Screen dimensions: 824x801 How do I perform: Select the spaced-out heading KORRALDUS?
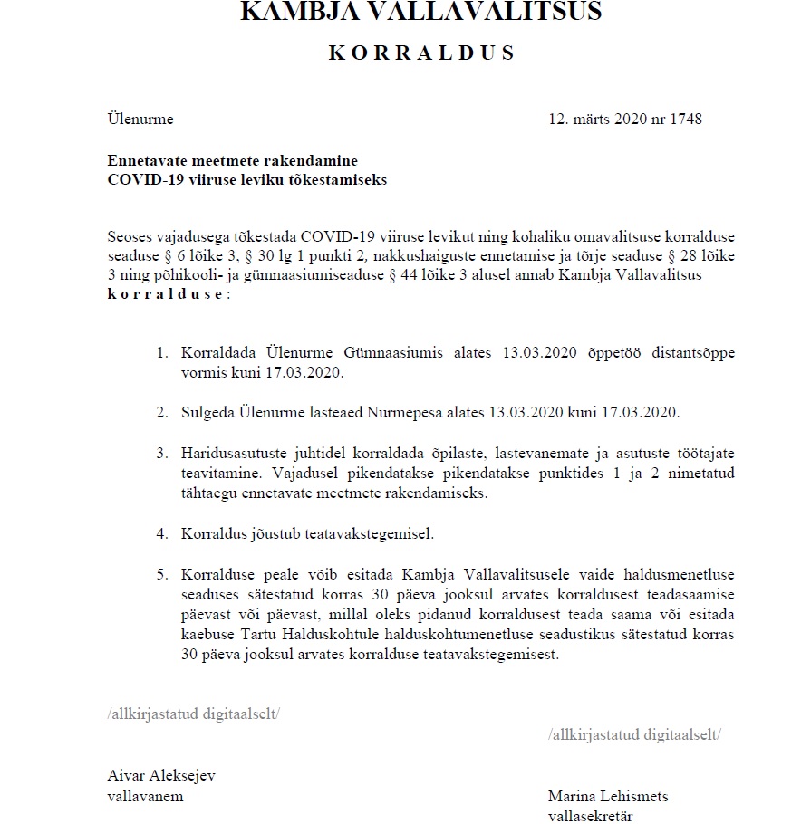tap(422, 53)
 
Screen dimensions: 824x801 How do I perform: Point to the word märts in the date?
tap(594, 119)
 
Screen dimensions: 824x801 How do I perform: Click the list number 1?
tap(162, 352)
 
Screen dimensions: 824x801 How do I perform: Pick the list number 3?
tap(162, 452)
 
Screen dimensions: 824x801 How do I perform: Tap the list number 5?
tap(162, 574)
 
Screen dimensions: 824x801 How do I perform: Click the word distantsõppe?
tap(680, 352)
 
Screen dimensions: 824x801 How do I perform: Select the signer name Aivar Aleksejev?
tap(161, 776)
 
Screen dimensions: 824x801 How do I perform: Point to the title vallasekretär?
tap(591, 816)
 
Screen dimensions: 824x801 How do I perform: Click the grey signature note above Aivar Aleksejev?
tap(193, 714)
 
